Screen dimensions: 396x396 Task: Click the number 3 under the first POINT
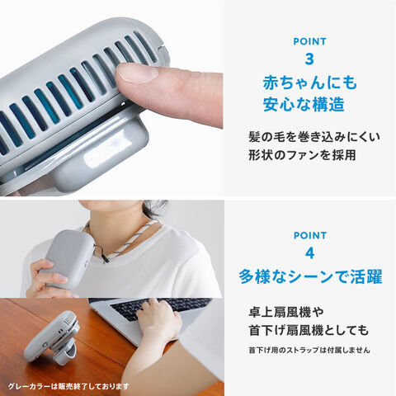click(x=309, y=59)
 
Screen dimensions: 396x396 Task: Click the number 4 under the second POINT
click(x=309, y=253)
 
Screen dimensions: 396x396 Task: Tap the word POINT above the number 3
click(x=309, y=41)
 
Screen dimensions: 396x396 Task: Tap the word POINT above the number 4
click(x=310, y=235)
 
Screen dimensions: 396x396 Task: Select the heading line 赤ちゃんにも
click(x=309, y=82)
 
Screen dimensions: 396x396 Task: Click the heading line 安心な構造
click(x=304, y=104)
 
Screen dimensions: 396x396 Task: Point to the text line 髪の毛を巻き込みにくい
click(x=314, y=137)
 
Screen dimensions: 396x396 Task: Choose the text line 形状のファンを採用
click(x=302, y=155)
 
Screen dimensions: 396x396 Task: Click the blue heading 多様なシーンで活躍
click(x=310, y=276)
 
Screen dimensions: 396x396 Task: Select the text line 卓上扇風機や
click(x=286, y=312)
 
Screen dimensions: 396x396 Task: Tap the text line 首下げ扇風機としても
click(x=309, y=330)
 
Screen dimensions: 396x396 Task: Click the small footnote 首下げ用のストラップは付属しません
click(x=309, y=350)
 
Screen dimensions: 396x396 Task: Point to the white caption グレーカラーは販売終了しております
click(x=68, y=386)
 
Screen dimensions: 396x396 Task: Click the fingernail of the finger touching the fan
click(x=135, y=73)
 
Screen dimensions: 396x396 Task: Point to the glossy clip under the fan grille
click(x=99, y=153)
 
